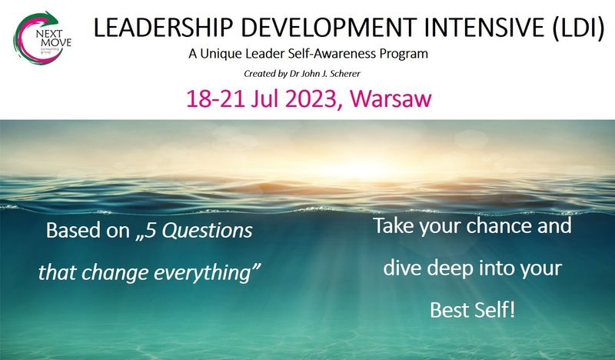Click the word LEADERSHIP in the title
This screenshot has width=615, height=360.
click(x=163, y=28)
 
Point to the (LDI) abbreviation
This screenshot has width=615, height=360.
click(x=579, y=28)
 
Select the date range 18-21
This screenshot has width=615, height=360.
click(x=216, y=98)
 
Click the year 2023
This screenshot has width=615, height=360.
click(x=311, y=99)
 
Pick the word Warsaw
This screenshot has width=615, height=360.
click(x=391, y=98)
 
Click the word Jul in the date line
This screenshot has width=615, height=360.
click(x=265, y=98)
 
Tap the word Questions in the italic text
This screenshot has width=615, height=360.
click(x=207, y=231)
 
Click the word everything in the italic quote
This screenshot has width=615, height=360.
click(x=207, y=273)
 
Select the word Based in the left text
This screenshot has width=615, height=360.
click(x=73, y=231)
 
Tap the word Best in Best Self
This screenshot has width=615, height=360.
click(x=449, y=310)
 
